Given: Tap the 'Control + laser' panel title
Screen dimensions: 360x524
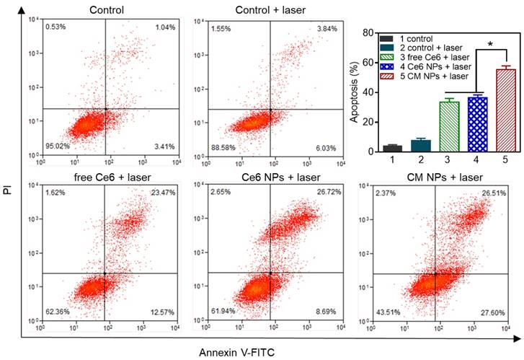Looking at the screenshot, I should (270, 9).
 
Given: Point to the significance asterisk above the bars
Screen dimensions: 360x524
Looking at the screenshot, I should (490, 45).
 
